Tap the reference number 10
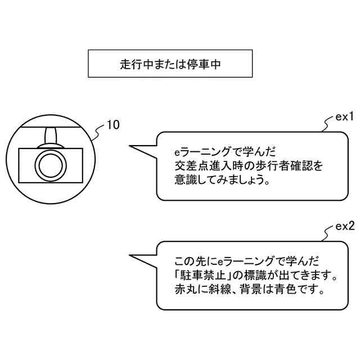pos(112,125)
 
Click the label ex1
pos(344,118)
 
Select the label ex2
pos(344,227)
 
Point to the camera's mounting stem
pos(51,136)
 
